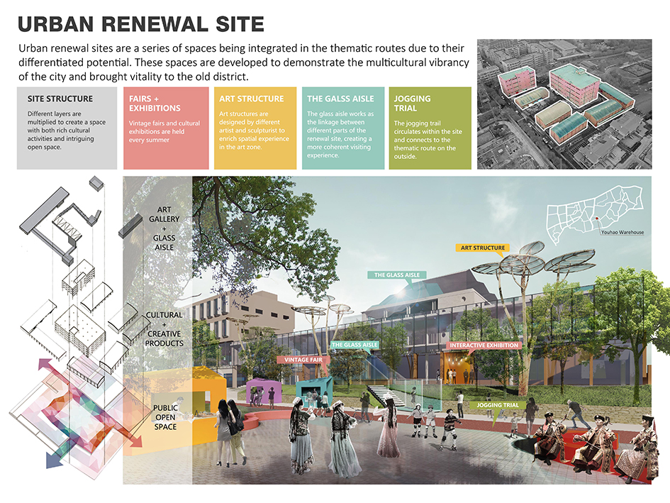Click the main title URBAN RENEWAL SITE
(141, 24)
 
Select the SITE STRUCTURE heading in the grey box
(60, 99)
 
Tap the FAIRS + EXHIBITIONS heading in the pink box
(155, 104)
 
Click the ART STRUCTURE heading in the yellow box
(251, 99)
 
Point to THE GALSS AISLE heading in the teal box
(340, 99)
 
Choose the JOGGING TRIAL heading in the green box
(412, 104)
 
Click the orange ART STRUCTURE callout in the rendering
(483, 248)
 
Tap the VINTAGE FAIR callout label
(303, 360)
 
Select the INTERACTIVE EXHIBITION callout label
(484, 346)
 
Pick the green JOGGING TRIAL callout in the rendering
(498, 405)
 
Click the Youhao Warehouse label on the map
(622, 232)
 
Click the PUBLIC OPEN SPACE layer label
(165, 417)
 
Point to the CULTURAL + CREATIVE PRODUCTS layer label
(164, 329)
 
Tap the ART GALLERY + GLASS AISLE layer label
(164, 228)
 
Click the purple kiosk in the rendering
(263, 390)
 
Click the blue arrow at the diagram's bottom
(57, 456)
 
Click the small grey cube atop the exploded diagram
(96, 184)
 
